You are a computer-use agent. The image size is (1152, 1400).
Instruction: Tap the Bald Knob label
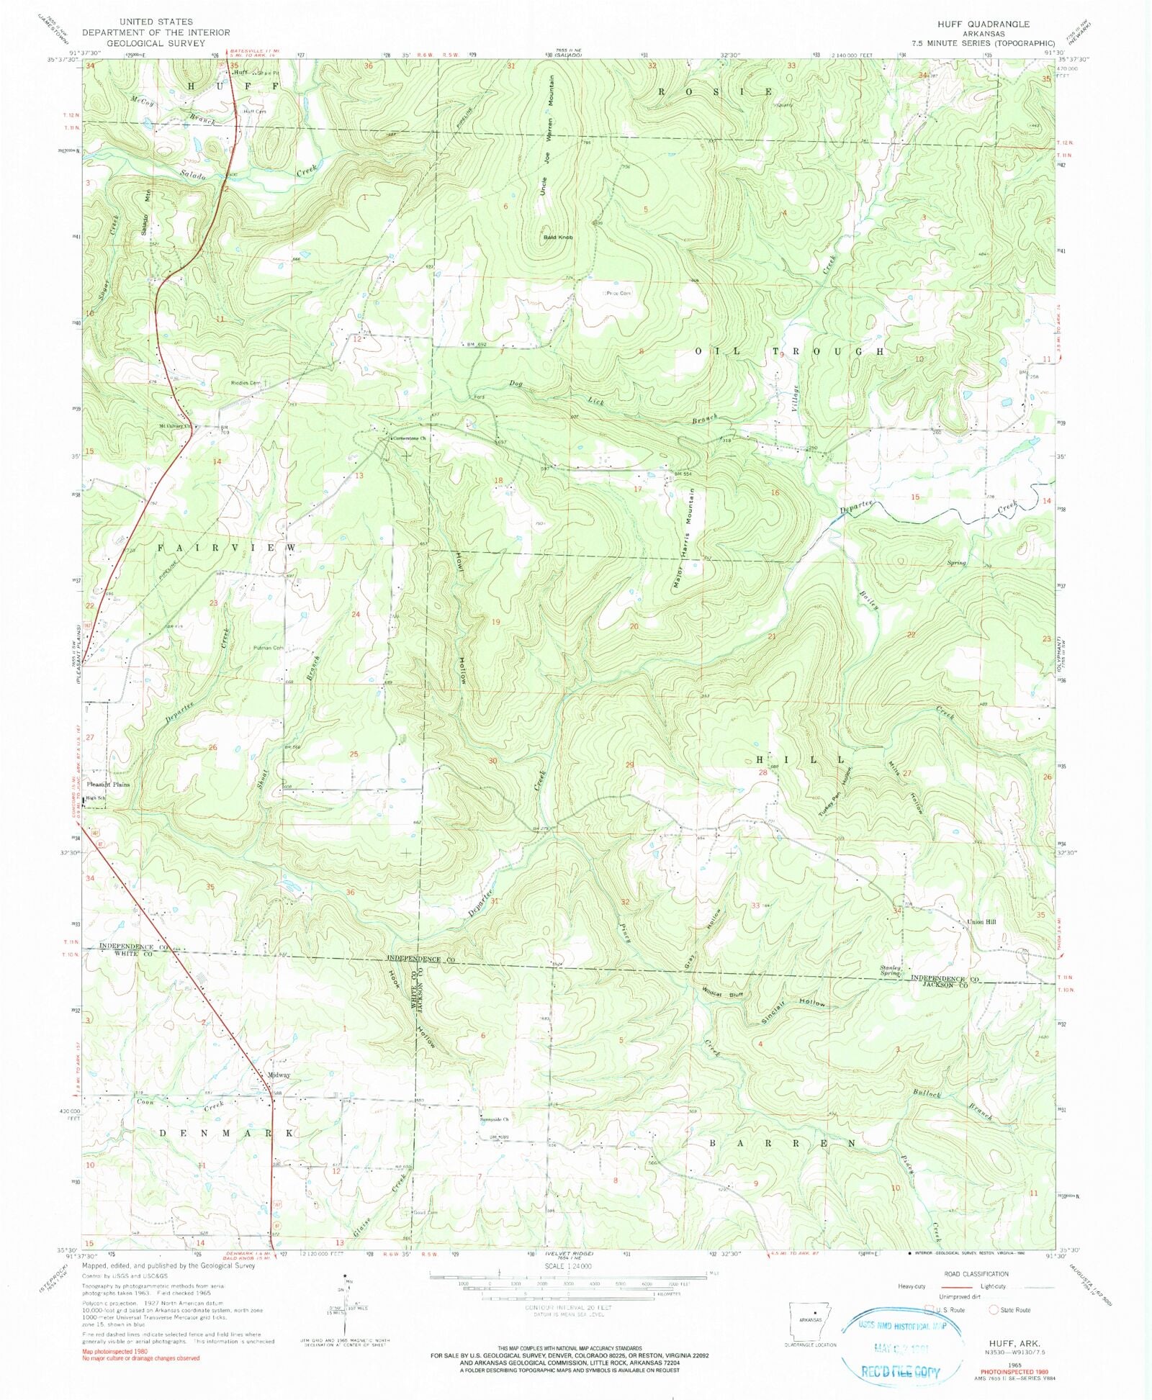click(557, 237)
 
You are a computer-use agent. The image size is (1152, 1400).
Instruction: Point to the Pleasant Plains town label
click(108, 784)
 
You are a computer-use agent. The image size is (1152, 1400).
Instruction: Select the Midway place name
click(279, 1075)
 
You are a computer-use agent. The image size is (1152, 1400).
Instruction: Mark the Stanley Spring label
click(891, 970)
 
